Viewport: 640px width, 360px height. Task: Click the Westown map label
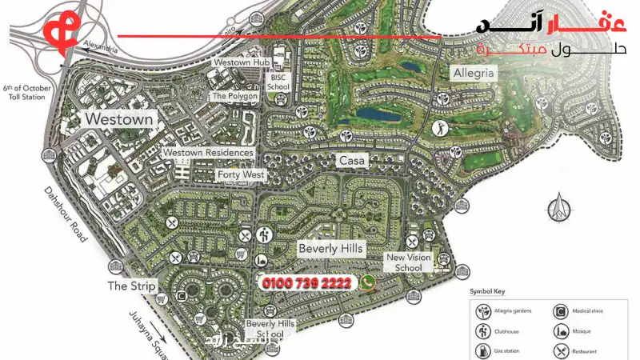pyautogui.click(x=118, y=119)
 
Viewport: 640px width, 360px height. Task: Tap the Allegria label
pyautogui.click(x=474, y=74)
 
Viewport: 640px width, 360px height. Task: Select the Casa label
pyautogui.click(x=352, y=161)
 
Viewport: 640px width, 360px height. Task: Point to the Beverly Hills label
pyautogui.click(x=330, y=249)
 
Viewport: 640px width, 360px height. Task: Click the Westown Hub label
pyautogui.click(x=238, y=62)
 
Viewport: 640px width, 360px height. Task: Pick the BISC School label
pyautogui.click(x=278, y=82)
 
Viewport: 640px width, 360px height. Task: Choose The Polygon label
pyautogui.click(x=234, y=96)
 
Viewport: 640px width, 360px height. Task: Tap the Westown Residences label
pyautogui.click(x=207, y=153)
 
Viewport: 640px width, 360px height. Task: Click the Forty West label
pyautogui.click(x=241, y=174)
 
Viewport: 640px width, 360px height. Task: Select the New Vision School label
pyautogui.click(x=408, y=262)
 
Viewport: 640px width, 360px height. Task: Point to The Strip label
pyautogui.click(x=132, y=286)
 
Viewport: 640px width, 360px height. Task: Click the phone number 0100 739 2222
pyautogui.click(x=307, y=283)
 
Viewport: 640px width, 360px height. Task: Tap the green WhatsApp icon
pyautogui.click(x=368, y=282)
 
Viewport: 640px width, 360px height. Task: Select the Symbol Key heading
pyautogui.click(x=490, y=292)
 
